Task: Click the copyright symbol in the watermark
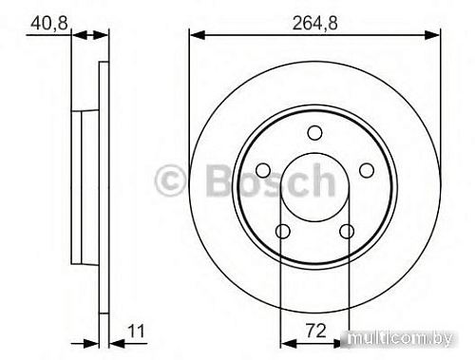click(171, 180)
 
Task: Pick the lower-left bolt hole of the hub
click(282, 231)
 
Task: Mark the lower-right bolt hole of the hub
click(348, 231)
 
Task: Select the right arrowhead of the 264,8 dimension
click(434, 36)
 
